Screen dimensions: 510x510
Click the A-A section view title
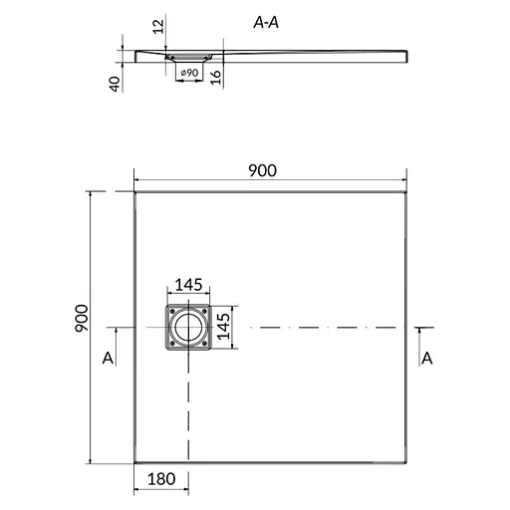click(266, 23)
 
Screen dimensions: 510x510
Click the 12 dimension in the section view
click(158, 27)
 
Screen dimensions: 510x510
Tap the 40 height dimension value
click(115, 84)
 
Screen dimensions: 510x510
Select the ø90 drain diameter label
click(189, 73)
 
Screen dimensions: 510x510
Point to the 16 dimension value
click(215, 77)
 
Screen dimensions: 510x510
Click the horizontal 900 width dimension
click(262, 170)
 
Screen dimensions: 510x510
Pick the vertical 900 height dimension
click(82, 318)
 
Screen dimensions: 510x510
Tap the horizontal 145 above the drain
click(188, 285)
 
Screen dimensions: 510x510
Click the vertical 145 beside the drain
click(223, 327)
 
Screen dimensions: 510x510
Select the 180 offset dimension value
click(161, 479)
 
